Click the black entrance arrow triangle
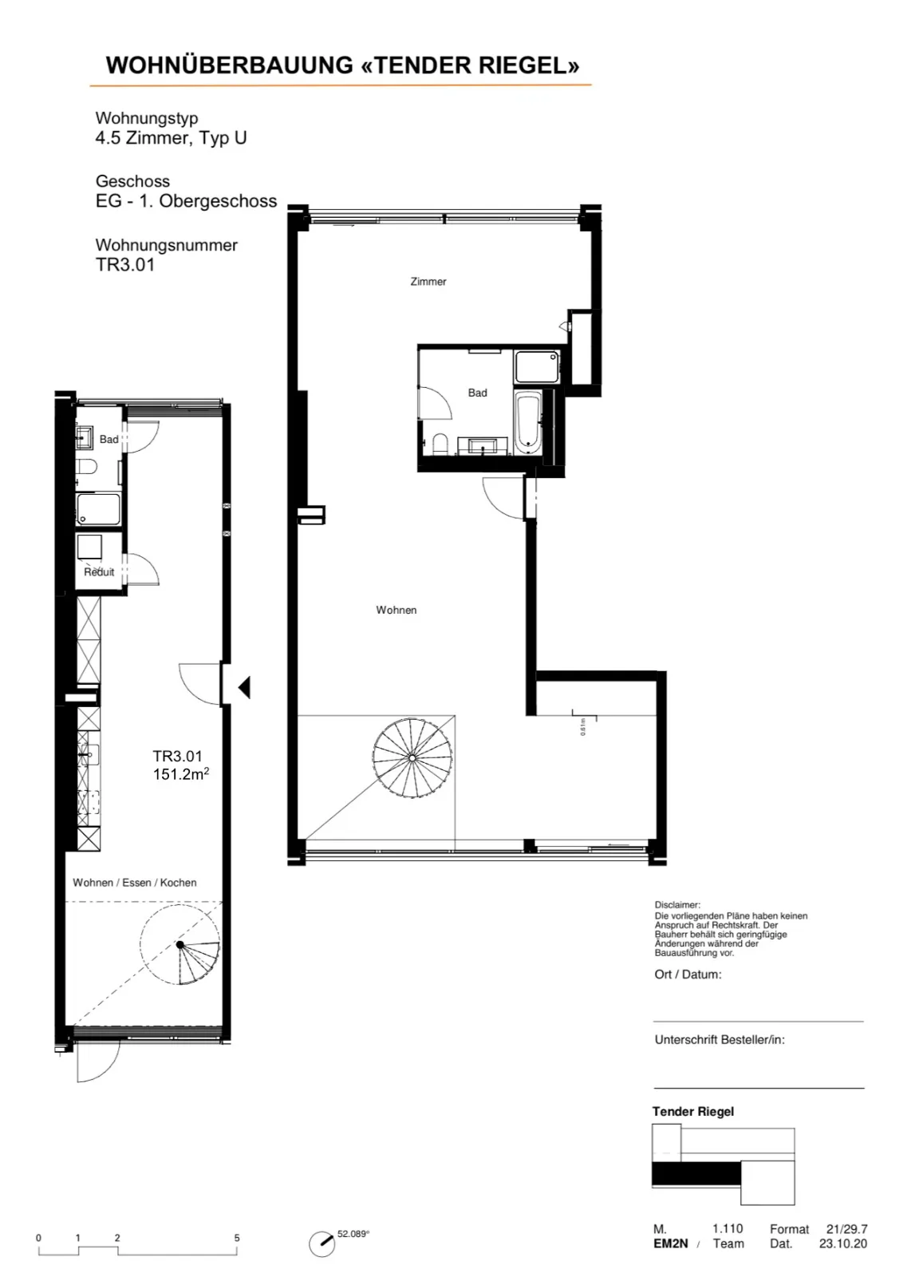245,687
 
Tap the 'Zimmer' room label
428,282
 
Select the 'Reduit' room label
99,571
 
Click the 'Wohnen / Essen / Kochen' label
135,883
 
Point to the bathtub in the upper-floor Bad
527,422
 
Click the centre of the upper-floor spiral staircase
412,757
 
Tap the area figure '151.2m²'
180,774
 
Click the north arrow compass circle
322,1243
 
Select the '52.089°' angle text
353,1234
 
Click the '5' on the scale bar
237,1238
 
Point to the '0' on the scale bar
39,1238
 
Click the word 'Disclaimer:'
677,905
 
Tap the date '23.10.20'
843,1243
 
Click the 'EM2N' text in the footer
671,1243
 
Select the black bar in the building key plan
696,1174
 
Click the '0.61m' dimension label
583,726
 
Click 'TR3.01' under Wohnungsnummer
125,265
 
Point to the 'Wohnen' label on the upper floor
396,610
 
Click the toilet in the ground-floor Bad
87,466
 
